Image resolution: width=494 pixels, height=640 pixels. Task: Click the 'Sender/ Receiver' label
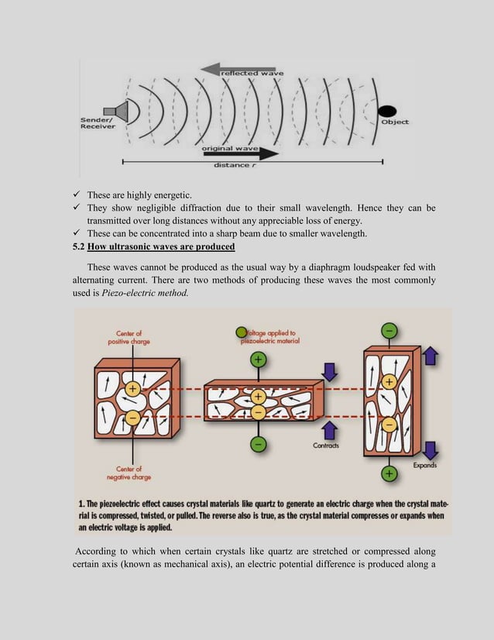point(98,123)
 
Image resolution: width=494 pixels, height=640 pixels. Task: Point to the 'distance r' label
point(232,164)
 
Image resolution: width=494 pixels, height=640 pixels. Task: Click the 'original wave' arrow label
point(230,147)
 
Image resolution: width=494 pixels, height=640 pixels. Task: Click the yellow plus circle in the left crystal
point(132,389)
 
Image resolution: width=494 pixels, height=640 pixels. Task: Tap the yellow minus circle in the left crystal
point(132,418)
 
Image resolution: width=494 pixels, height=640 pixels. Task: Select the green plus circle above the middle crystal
point(258,360)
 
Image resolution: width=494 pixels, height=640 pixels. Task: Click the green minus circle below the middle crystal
point(258,444)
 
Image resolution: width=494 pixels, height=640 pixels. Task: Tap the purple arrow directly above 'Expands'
point(431,450)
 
